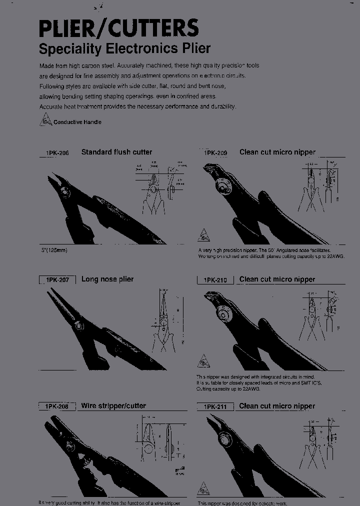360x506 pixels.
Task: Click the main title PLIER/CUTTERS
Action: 119,28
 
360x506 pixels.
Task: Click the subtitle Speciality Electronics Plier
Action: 124,49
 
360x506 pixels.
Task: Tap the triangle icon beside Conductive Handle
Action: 45,120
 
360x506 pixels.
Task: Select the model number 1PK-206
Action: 57,153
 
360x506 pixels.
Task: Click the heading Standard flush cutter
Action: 116,152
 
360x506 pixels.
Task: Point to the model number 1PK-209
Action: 215,153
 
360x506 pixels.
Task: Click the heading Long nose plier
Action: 107,279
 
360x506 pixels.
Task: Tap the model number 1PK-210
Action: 215,280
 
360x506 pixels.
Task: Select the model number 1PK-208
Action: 57,407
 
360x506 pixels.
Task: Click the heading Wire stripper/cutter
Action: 113,406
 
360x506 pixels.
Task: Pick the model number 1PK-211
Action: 215,407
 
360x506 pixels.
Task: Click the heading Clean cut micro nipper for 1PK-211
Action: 277,406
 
